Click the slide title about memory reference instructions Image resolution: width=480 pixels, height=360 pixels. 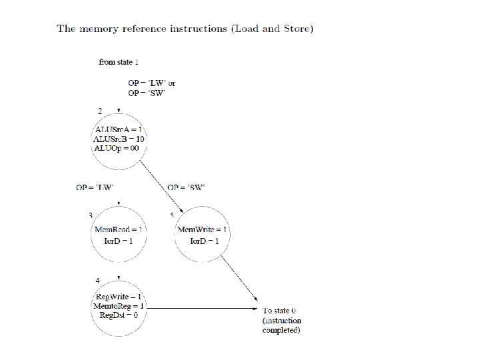click(185, 29)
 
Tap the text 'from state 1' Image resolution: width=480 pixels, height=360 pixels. click(119, 62)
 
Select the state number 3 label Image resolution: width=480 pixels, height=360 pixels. click(91, 215)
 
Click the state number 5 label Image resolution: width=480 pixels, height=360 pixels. click(172, 215)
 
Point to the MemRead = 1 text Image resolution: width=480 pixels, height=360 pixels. click(119, 229)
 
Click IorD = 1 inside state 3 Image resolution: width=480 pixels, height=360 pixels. click(119, 239)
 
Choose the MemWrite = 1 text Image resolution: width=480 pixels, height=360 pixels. click(203, 229)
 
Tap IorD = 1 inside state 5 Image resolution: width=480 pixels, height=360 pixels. click(204, 239)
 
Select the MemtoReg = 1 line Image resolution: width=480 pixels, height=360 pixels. click(119, 306)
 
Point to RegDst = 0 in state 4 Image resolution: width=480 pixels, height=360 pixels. click(119, 315)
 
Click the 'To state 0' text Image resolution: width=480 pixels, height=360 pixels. click(279, 311)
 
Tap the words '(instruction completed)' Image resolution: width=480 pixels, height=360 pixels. click(282, 325)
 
